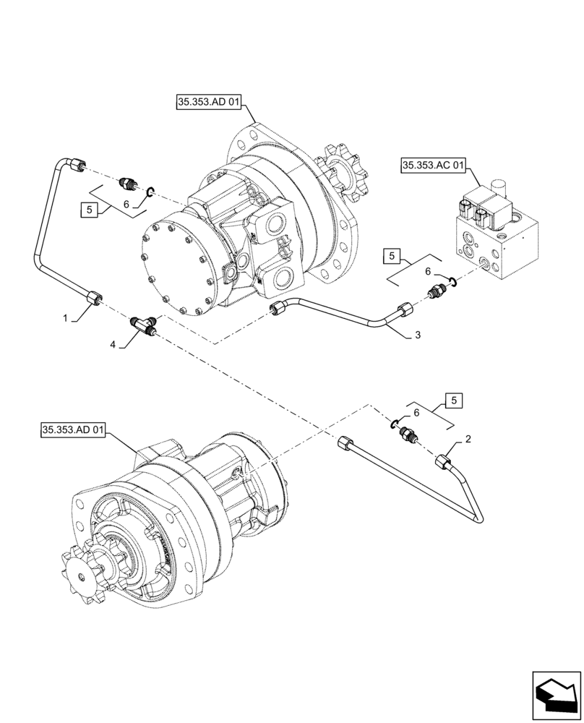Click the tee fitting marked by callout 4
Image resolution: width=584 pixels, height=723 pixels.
(x=145, y=325)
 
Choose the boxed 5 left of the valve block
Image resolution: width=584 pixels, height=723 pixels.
(x=391, y=255)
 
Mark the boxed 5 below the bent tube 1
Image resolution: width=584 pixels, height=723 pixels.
(x=87, y=210)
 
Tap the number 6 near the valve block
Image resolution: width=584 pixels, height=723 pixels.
(x=428, y=271)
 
